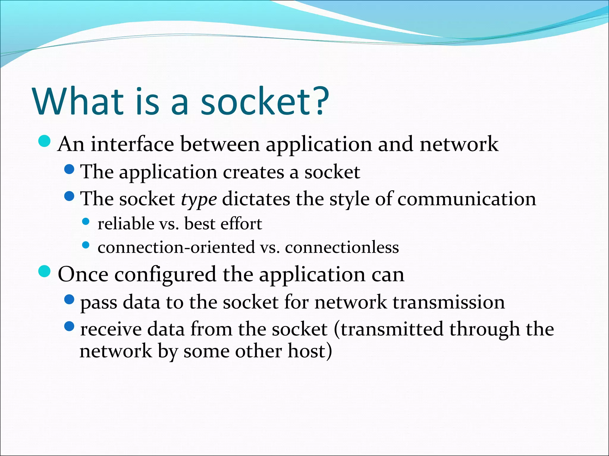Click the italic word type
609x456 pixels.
pos(199,199)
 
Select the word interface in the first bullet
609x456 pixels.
pos(132,144)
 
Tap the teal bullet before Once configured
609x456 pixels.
pos(45,271)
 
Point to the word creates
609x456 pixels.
pos(253,172)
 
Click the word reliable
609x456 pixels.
pos(126,224)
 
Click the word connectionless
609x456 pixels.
pos(342,247)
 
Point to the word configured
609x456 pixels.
pos(165,275)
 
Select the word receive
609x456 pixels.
pos(111,330)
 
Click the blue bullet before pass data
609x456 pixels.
pos(69,300)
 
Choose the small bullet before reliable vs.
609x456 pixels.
pos(86,221)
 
